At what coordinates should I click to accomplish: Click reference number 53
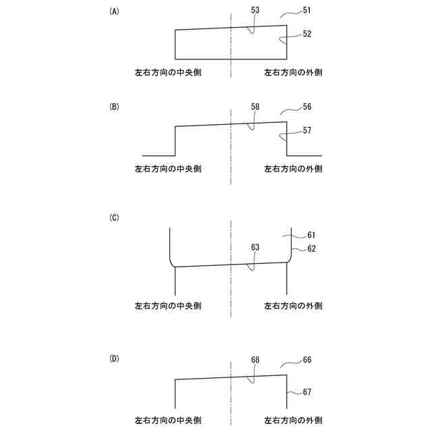(x=255, y=11)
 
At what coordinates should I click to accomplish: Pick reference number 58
(x=255, y=107)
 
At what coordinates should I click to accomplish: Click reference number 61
(x=310, y=235)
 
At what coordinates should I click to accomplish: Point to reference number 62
(x=310, y=248)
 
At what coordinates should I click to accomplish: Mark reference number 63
(x=255, y=248)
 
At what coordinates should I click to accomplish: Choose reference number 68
(x=255, y=360)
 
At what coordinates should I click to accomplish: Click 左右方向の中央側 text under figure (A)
(x=168, y=72)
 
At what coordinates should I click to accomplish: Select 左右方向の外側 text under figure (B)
(x=293, y=168)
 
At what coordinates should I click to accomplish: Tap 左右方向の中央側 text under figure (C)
(x=168, y=306)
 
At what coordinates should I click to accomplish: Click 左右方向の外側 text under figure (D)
(x=293, y=419)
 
